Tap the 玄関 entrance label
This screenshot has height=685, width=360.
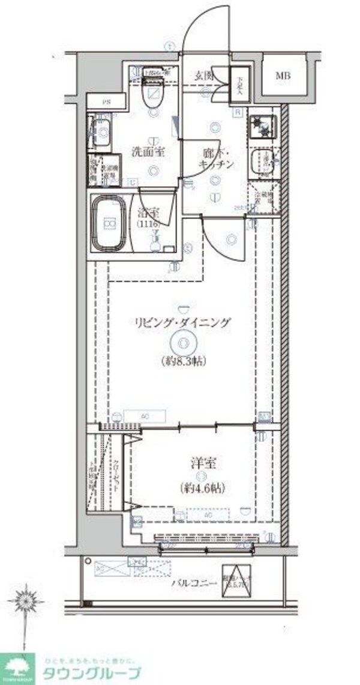(203, 76)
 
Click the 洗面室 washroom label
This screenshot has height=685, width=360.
(148, 152)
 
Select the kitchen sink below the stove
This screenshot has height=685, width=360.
(263, 161)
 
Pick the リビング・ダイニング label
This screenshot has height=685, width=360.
(182, 324)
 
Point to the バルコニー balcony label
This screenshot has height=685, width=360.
(192, 582)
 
